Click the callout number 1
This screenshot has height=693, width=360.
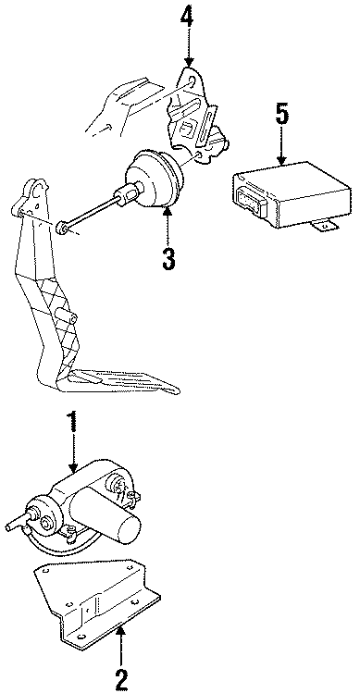click(x=73, y=422)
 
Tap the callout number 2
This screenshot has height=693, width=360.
click(x=121, y=681)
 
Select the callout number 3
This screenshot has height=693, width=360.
click(x=168, y=258)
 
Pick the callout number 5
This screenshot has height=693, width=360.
click(x=281, y=116)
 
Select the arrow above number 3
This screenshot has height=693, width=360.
click(x=168, y=227)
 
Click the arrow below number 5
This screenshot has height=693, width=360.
click(x=281, y=146)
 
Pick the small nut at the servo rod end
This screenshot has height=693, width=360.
click(x=62, y=229)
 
